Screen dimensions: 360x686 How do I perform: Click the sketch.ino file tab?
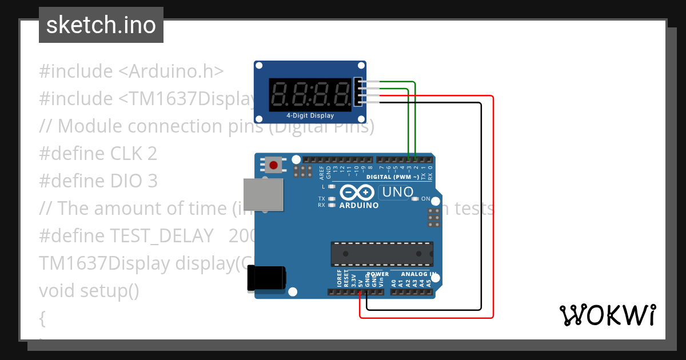click(101, 25)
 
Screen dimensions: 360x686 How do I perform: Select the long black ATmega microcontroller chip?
click(381, 254)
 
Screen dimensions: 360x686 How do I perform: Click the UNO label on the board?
click(397, 192)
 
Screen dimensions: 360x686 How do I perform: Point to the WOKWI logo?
click(607, 315)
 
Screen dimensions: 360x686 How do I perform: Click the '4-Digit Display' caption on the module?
click(310, 115)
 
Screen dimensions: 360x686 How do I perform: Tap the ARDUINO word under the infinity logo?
click(359, 205)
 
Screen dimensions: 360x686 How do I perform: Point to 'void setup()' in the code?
click(89, 291)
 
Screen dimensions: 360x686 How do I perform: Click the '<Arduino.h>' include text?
click(171, 71)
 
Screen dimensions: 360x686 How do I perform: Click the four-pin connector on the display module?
click(358, 92)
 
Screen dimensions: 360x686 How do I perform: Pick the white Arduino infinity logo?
click(358, 193)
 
